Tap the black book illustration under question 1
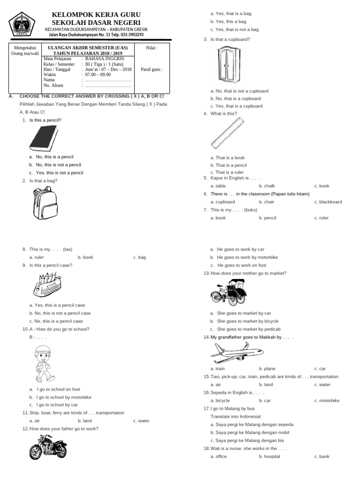pos(43,139)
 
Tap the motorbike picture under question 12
pos(48,447)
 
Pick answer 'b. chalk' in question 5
pos(267,186)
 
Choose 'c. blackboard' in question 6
pos(328,202)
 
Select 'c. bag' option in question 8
pos(139,257)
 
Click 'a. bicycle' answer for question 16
pos(220,401)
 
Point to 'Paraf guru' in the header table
pos(151,69)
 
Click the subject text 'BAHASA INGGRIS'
pos(104,59)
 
